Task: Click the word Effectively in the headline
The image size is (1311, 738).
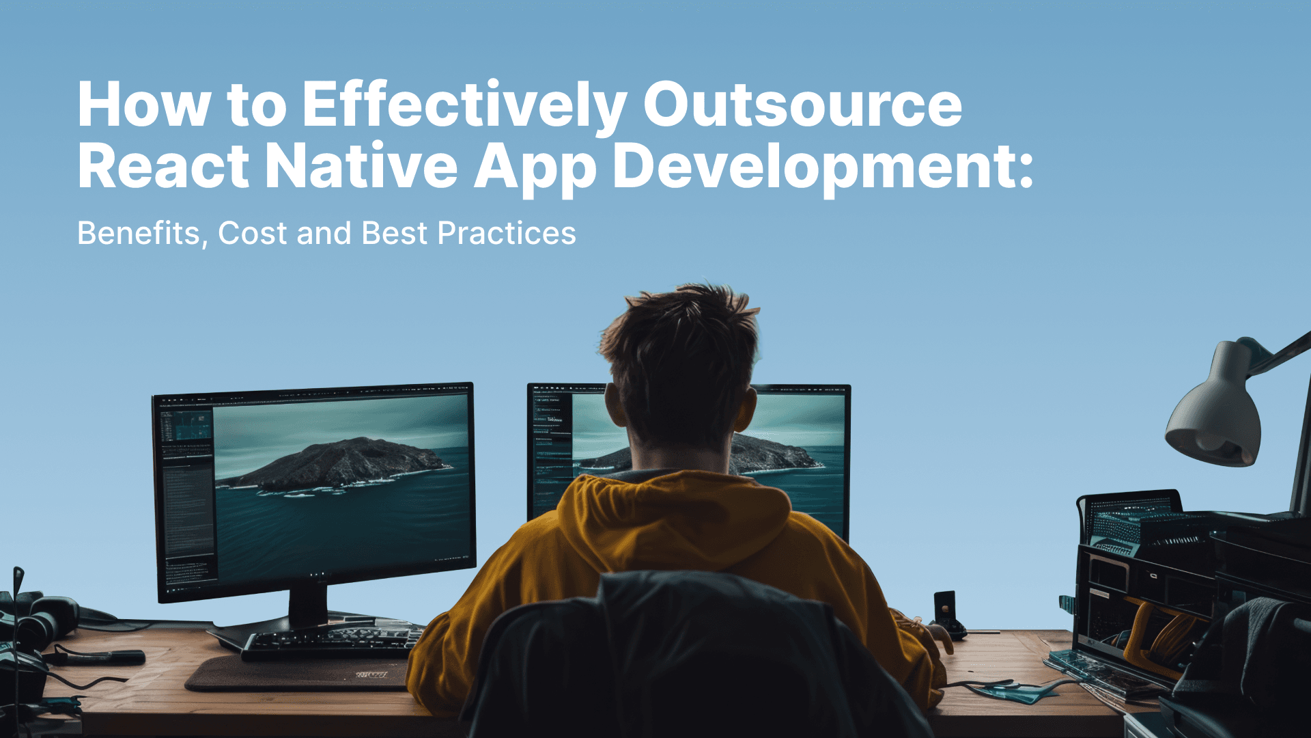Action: pos(464,106)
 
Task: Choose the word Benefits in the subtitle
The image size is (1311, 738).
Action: pos(139,234)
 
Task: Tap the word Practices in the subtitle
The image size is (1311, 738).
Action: pos(507,234)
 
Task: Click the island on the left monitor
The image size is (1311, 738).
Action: pos(335,465)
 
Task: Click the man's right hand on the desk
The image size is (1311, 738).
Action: pos(939,639)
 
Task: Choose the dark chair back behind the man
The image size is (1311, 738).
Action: pos(683,656)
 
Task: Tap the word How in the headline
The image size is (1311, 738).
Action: pos(143,106)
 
